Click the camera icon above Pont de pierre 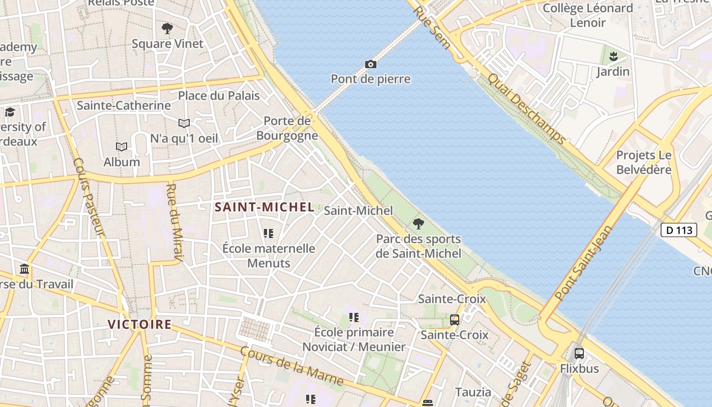click(x=371, y=64)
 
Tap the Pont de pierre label click(x=370, y=79)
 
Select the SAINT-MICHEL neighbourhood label click(x=264, y=207)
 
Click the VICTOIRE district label click(x=139, y=324)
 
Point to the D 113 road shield click(x=678, y=230)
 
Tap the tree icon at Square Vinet click(x=167, y=28)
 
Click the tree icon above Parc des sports click(x=418, y=223)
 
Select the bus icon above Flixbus click(x=579, y=353)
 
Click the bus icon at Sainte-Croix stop click(x=455, y=320)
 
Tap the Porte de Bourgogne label click(x=287, y=128)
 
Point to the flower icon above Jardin click(x=613, y=55)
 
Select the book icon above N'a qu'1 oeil click(x=184, y=123)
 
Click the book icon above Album click(x=121, y=147)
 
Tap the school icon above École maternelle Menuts click(x=269, y=234)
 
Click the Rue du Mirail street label click(x=174, y=224)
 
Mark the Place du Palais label click(x=219, y=96)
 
